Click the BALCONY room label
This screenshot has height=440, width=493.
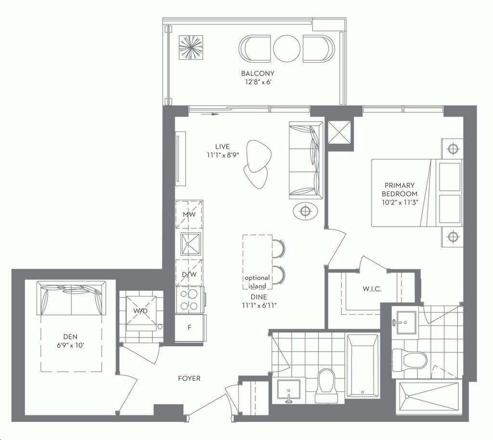[x=258, y=74]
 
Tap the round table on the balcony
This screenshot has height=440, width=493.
[x=286, y=49]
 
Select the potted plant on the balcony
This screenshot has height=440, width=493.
[x=191, y=47]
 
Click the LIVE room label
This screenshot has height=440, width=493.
[x=222, y=146]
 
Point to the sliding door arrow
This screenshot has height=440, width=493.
[x=210, y=114]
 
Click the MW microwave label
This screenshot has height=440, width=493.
[x=189, y=215]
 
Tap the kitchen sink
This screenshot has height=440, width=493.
[x=191, y=244]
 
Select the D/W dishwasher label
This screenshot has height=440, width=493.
[x=189, y=274]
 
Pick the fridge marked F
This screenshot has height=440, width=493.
[x=190, y=327]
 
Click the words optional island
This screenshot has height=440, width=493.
[x=257, y=282]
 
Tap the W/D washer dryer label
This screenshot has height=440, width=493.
[x=140, y=311]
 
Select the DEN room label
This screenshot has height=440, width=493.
[x=70, y=337]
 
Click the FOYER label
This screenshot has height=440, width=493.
[x=189, y=378]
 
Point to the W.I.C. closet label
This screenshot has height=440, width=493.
[x=372, y=289]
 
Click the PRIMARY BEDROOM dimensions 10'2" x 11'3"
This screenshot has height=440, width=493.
[x=400, y=202]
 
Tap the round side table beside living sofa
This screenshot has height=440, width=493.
[x=305, y=211]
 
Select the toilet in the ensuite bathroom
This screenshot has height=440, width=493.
[x=410, y=360]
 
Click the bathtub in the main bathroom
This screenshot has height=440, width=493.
[x=362, y=366]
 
